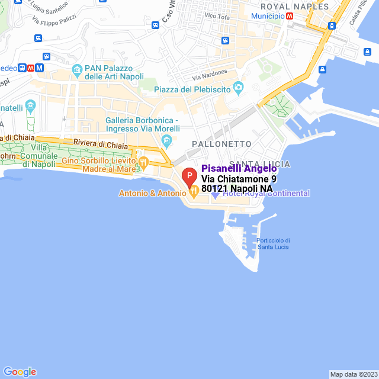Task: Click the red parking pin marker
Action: (189, 176)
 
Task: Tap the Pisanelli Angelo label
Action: (239, 169)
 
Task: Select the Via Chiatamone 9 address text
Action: (239, 179)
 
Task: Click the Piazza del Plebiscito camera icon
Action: (239, 89)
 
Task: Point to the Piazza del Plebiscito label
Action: (192, 89)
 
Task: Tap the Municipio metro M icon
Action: (289, 17)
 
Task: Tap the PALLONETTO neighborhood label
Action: (221, 144)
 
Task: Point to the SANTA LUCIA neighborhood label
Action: (259, 163)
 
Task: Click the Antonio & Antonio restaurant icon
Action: (193, 193)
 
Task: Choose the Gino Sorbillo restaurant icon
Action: (143, 162)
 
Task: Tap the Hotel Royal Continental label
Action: (266, 193)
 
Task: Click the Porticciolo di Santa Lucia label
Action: (273, 243)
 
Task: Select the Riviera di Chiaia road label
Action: (98, 143)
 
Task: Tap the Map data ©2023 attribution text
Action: (354, 374)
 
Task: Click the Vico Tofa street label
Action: (216, 15)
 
